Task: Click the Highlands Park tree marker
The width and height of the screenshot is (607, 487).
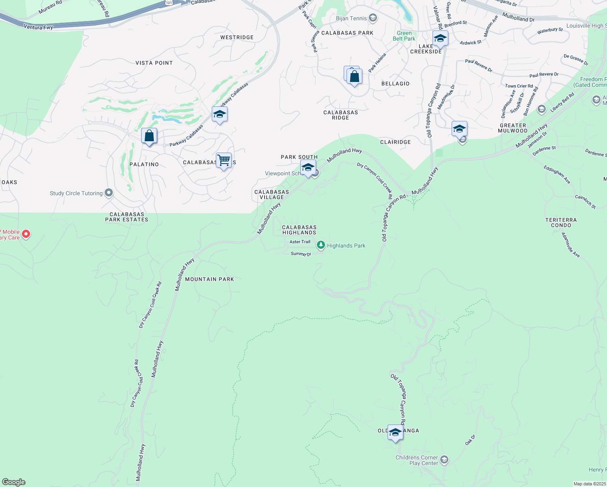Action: tap(321, 245)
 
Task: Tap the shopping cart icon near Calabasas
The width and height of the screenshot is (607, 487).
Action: tap(224, 160)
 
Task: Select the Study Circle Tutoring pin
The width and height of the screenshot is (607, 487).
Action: tap(109, 193)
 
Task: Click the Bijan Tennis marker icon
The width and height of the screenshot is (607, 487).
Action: tap(373, 18)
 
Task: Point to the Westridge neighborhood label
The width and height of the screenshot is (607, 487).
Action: tap(237, 37)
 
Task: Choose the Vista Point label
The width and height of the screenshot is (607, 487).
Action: tap(154, 63)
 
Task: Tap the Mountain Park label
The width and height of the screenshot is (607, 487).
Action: tap(209, 279)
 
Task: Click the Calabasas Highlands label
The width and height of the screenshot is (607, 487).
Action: tap(299, 230)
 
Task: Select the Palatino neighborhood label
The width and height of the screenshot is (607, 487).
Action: tap(144, 164)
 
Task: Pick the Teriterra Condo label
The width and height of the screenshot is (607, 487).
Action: tap(561, 222)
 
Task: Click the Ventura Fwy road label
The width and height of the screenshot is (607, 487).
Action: tap(39, 27)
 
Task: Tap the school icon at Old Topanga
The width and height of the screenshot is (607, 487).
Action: tap(395, 433)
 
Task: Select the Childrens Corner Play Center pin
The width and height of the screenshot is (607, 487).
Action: tap(444, 460)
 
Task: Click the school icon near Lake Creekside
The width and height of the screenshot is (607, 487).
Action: tap(440, 39)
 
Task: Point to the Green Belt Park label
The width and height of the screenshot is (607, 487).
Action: tap(404, 36)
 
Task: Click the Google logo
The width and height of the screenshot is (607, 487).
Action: tap(14, 482)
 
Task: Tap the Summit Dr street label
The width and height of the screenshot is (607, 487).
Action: tap(301, 254)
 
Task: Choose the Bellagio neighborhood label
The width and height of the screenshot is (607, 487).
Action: tap(396, 84)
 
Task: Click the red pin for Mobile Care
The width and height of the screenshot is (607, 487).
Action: tap(26, 234)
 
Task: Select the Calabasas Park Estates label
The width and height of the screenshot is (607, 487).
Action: tap(127, 217)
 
